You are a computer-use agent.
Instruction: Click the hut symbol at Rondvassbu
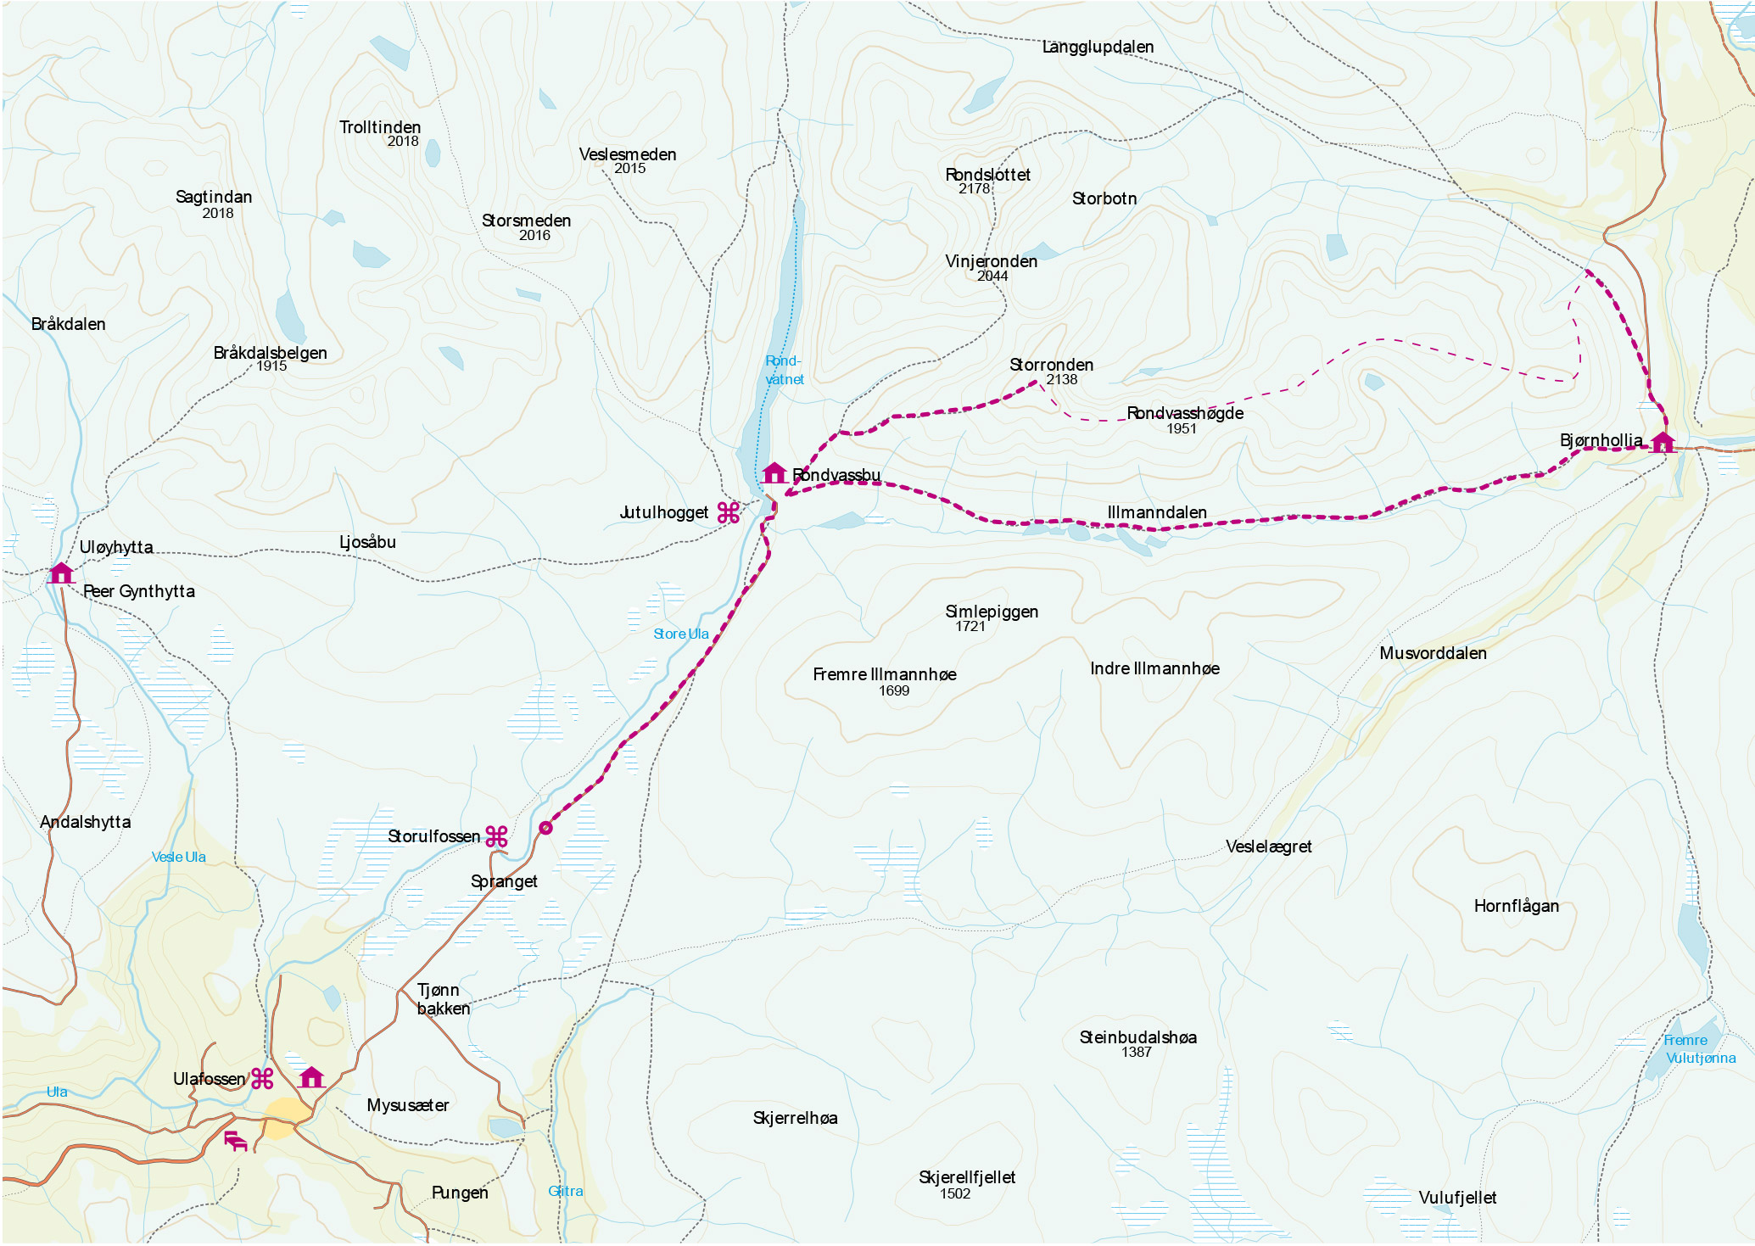click(774, 473)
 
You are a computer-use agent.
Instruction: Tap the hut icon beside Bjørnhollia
click(1662, 442)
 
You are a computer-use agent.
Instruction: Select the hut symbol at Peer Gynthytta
click(60, 573)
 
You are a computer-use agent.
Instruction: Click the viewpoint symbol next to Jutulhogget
click(729, 512)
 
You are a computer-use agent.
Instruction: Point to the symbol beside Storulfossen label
click(496, 836)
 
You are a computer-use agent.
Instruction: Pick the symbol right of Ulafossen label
click(262, 1079)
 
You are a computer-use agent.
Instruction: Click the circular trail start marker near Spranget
click(545, 828)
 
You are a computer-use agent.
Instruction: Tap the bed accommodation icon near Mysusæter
click(235, 1141)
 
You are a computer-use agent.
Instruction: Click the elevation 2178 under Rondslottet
click(974, 189)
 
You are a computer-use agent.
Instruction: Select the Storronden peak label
click(1051, 365)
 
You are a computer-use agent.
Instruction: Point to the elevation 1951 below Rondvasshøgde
click(1181, 429)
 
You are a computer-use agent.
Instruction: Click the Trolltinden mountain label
click(380, 127)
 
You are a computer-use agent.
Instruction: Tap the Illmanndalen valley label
click(1156, 512)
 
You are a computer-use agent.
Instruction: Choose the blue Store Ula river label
click(680, 634)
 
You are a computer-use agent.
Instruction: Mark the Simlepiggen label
click(991, 612)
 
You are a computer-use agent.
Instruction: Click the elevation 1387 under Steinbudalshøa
click(1136, 1053)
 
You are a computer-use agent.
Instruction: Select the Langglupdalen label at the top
click(1098, 47)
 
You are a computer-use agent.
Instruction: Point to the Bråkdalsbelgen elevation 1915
click(271, 366)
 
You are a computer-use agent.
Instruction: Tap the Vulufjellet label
click(1457, 1198)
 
